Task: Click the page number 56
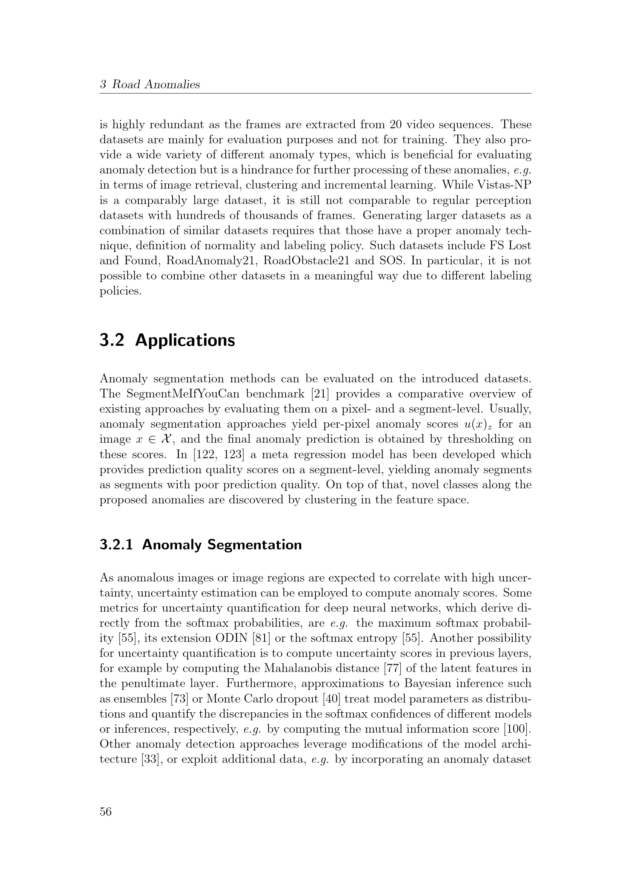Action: coord(106,811)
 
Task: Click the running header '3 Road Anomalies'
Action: coord(150,84)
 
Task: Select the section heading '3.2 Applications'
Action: coord(167,341)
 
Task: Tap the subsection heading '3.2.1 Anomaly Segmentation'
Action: coord(201,545)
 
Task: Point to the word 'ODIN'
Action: coord(232,638)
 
